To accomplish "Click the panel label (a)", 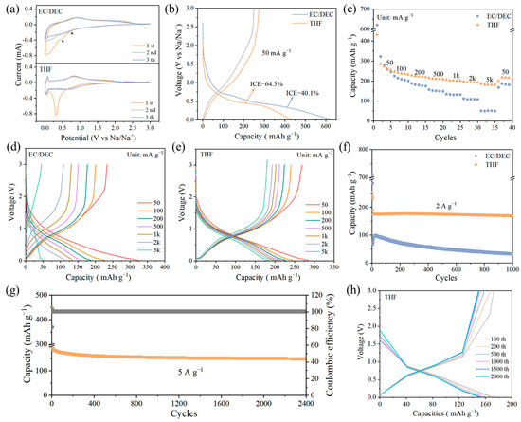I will (9, 7).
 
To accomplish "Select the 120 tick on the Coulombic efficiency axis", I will (317, 297).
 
